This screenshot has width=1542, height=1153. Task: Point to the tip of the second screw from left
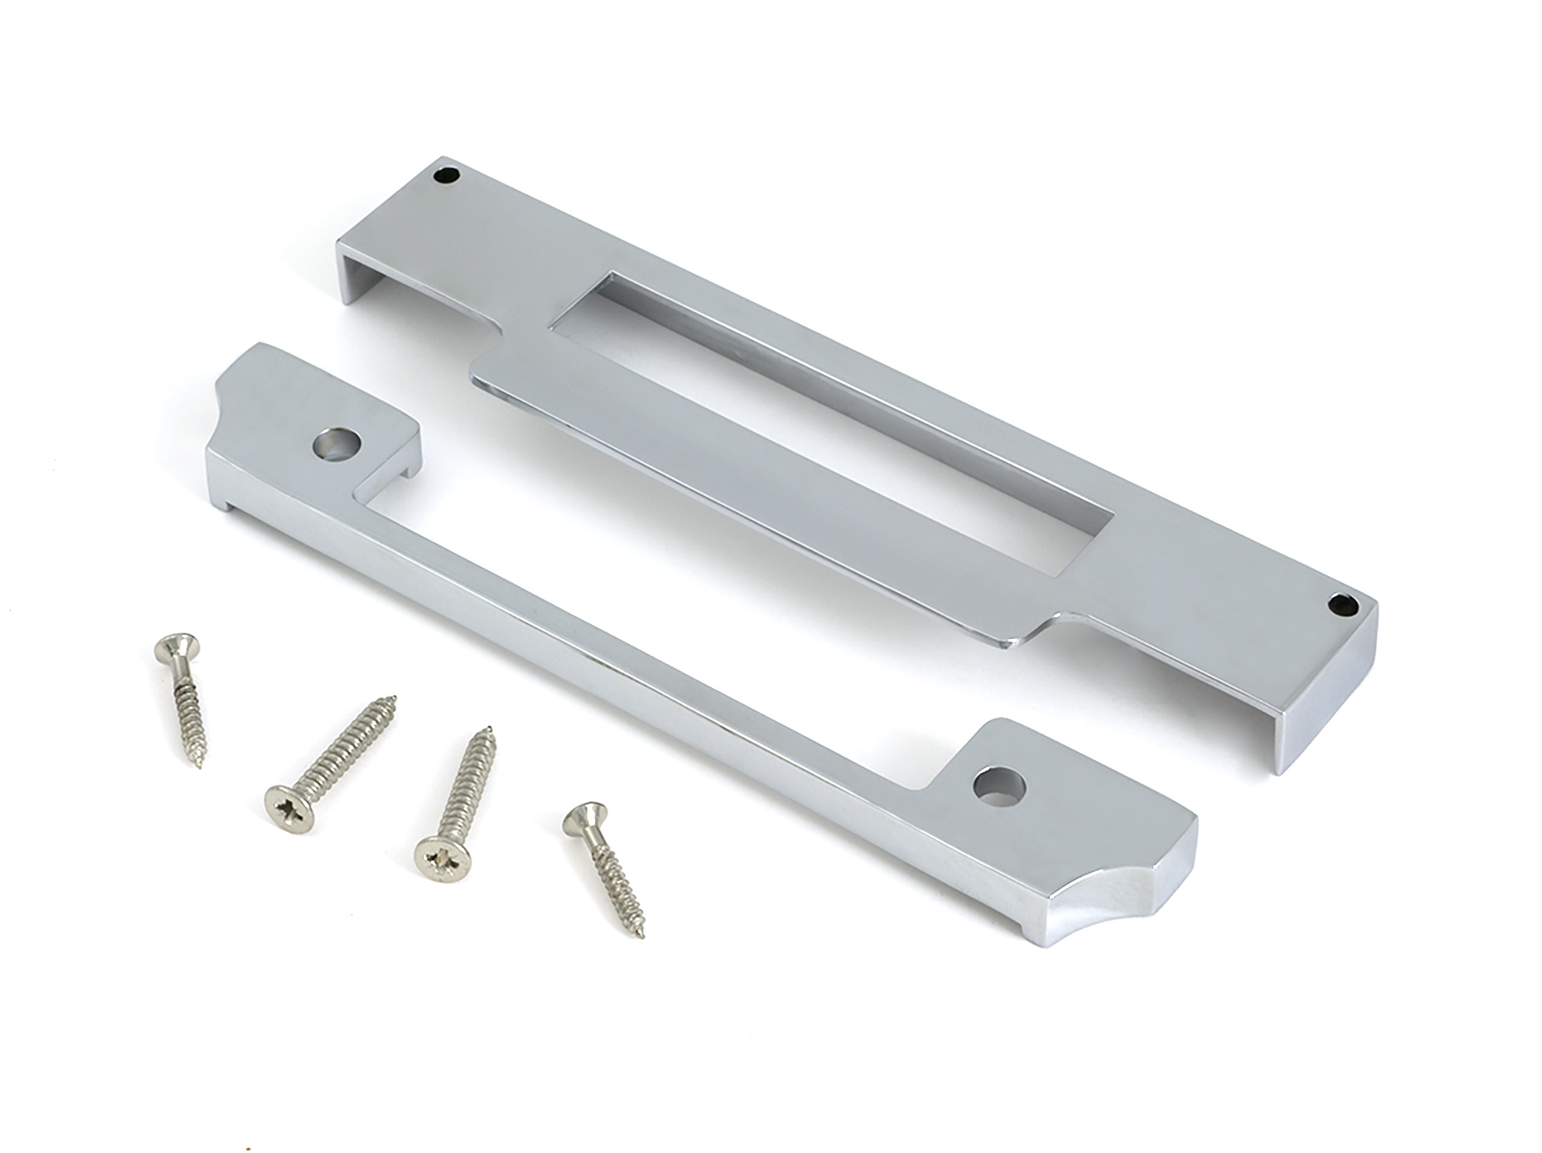(x=395, y=699)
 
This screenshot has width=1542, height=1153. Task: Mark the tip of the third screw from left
(x=489, y=729)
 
